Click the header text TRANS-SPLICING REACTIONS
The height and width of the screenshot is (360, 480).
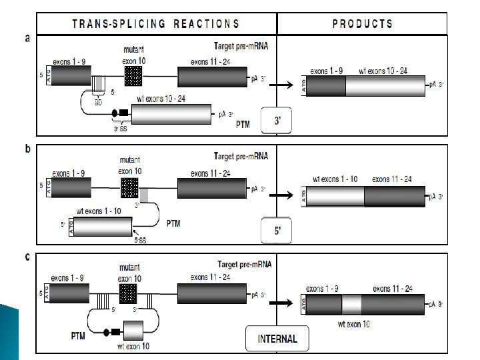[x=155, y=24]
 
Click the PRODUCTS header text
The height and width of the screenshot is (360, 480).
[x=362, y=24]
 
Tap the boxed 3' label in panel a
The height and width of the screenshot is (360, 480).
[x=277, y=121]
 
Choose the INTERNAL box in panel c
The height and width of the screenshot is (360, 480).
[x=277, y=339]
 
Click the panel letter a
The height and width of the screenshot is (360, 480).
[x=27, y=38]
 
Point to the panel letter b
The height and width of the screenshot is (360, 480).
[x=27, y=149]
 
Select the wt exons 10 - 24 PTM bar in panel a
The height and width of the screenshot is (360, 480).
[x=171, y=114]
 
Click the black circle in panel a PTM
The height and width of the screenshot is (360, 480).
[x=114, y=113]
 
